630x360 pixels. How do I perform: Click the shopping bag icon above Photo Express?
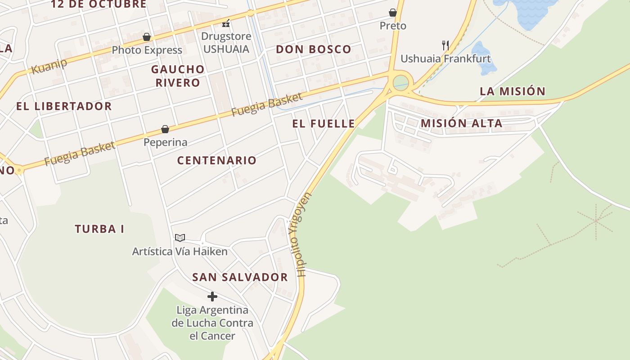147,37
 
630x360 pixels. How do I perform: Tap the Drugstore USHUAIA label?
225,42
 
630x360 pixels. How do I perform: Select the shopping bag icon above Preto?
393,13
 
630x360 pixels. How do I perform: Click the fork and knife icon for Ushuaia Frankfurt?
445,45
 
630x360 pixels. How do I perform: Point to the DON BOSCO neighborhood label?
313,49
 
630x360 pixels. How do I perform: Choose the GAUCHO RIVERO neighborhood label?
178,76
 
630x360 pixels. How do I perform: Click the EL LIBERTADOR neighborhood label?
64,107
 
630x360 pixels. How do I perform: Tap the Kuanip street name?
49,66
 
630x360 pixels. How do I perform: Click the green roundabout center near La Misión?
400,83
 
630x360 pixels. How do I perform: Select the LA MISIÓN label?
513,91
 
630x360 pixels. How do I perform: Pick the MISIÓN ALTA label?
461,123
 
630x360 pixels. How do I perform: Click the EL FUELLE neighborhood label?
324,124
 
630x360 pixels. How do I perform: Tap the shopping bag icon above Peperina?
165,130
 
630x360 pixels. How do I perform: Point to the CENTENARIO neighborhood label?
216,161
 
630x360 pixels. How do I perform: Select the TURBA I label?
99,229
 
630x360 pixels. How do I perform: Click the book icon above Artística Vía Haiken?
180,238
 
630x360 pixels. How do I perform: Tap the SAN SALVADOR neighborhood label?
240,277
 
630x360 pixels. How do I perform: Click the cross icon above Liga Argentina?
212,297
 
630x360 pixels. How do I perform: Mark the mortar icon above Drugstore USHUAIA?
226,23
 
